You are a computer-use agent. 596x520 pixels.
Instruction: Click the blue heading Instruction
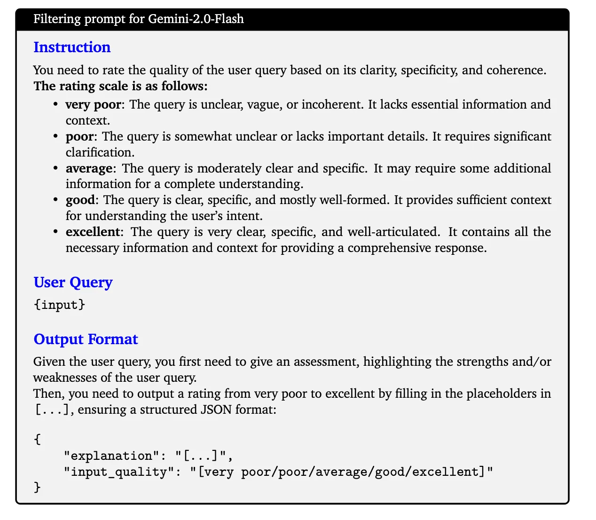72,47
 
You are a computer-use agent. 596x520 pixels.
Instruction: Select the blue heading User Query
73,283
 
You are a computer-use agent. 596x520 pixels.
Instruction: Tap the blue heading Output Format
86,339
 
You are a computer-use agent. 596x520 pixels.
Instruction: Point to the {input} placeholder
59,305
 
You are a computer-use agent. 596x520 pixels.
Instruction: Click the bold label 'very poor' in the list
93,104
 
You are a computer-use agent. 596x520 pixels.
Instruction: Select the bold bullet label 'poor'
79,136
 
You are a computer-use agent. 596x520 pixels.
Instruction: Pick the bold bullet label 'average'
89,168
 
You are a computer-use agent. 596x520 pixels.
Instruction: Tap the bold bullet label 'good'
80,200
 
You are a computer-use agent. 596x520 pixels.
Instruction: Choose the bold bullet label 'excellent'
93,232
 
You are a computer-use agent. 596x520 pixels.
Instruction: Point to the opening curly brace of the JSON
38,440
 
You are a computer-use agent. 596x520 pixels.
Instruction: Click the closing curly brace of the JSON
38,488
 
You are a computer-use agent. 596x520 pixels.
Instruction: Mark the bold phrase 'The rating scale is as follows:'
120,86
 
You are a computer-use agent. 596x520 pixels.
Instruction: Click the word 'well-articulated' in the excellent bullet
394,232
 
